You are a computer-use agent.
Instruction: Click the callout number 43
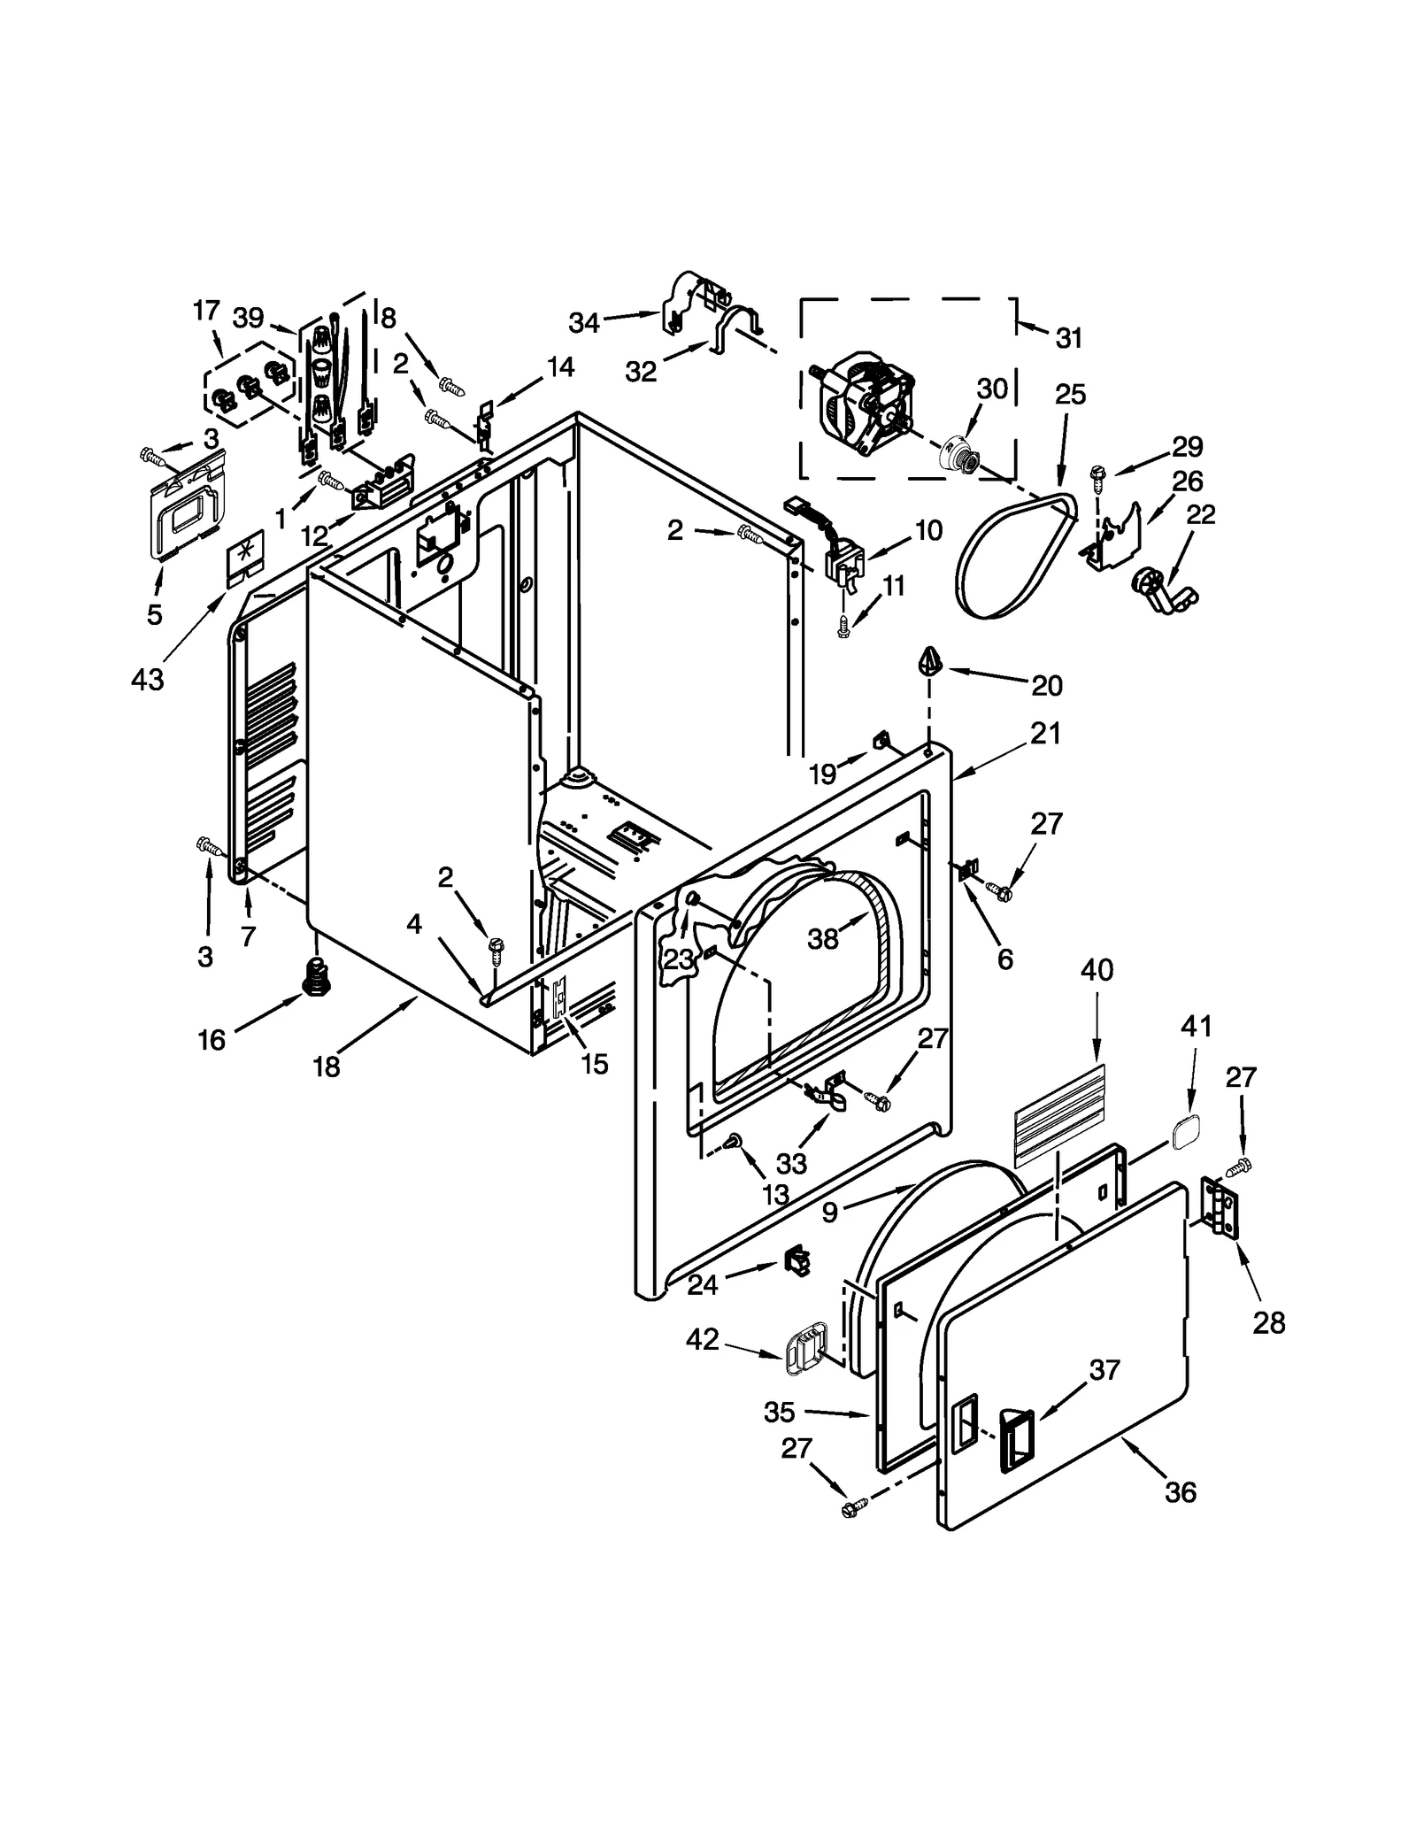pos(147,680)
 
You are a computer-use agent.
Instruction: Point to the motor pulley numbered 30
pos(959,455)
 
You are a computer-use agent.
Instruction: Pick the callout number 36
pos(1181,1492)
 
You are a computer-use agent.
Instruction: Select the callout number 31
pos(1069,337)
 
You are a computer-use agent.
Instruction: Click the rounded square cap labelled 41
pos(1186,1133)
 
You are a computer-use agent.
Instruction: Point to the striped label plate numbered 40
pos(1058,1113)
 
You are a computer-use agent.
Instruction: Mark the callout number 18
pos(326,1067)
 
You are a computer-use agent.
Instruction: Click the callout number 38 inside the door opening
pos(822,939)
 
